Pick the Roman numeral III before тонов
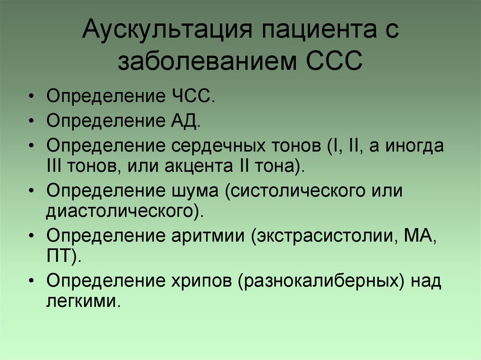pos(54,166)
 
